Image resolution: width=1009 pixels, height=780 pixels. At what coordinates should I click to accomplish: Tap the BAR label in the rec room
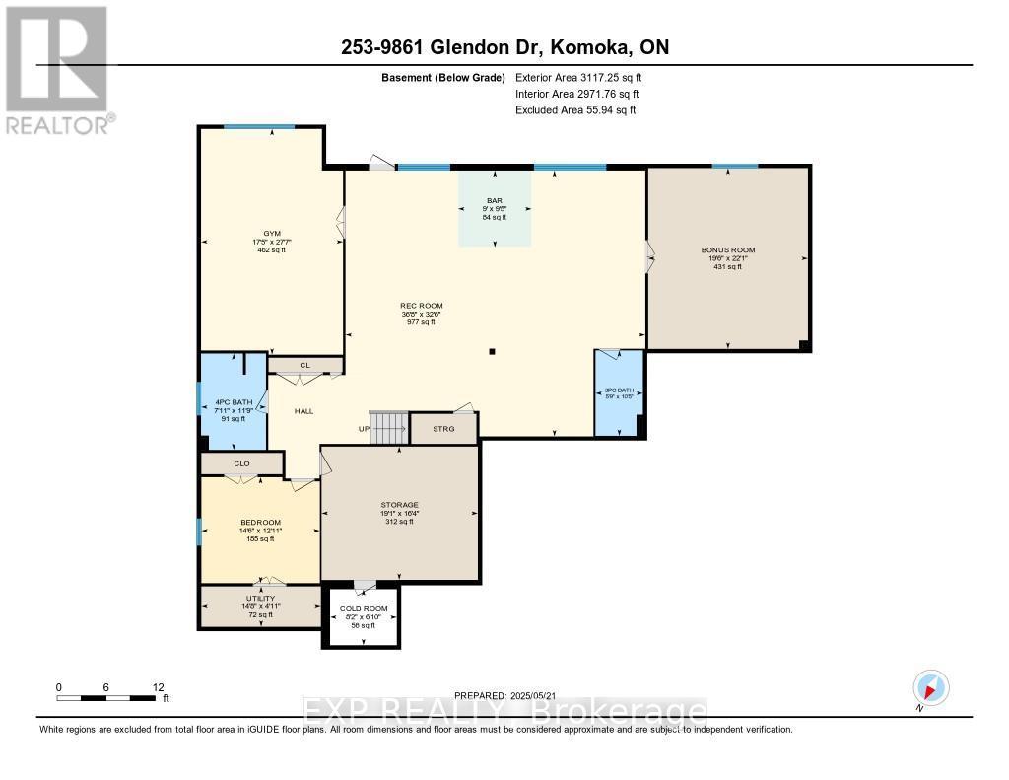(495, 200)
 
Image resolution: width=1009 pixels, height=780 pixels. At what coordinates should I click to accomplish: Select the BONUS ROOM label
(728, 250)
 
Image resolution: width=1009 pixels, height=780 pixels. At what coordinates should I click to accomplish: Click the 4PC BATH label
(233, 403)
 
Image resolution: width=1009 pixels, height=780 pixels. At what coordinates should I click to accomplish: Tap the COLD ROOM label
(363, 608)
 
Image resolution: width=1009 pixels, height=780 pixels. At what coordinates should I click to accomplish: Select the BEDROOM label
(260, 523)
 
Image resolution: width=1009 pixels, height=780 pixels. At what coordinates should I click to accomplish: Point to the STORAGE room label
(399, 505)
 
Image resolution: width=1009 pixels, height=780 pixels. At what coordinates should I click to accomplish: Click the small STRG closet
(443, 429)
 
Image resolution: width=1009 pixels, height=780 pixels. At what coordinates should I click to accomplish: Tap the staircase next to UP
(388, 428)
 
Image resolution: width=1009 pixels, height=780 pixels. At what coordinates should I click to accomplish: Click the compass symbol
(930, 687)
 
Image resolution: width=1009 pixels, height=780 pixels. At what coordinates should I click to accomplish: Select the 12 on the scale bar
(159, 687)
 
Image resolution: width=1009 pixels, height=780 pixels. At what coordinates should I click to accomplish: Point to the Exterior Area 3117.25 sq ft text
(579, 77)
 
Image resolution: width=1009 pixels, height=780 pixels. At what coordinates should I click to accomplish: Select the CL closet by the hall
(305, 366)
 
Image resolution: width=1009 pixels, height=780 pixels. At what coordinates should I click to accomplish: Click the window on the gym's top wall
(259, 127)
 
